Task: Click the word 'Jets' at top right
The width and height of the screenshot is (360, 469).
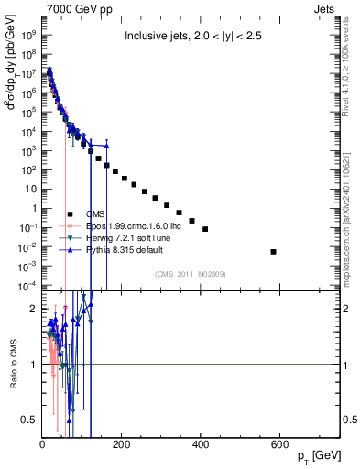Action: [x=330, y=8]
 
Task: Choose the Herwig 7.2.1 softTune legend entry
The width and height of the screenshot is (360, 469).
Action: [x=121, y=236]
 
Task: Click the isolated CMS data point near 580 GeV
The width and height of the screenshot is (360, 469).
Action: [x=273, y=251]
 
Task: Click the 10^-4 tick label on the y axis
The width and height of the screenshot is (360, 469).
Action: [x=28, y=287]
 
